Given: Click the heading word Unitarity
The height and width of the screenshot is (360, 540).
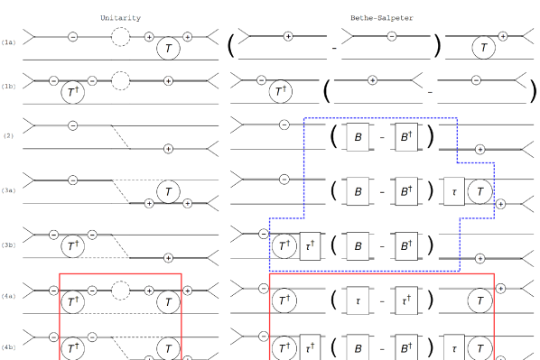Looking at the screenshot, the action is pos(120,18).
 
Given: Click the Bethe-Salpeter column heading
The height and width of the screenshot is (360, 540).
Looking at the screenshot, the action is pos(382,18).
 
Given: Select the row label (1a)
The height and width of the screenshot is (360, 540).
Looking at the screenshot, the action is pos(9,42).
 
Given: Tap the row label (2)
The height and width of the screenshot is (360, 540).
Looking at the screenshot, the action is pos(9,135).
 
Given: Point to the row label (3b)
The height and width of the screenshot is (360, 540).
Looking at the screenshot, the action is pos(9,245).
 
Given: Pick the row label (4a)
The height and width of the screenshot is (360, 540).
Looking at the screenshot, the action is pos(9,296).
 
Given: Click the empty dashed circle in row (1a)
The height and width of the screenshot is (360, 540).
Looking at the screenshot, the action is pos(120,28).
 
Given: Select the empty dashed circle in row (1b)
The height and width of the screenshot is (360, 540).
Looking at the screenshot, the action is pos(120,71).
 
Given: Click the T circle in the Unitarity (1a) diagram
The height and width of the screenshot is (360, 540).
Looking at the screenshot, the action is pos(168,48).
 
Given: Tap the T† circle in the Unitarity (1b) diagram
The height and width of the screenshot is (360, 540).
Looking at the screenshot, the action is pos(72,92).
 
